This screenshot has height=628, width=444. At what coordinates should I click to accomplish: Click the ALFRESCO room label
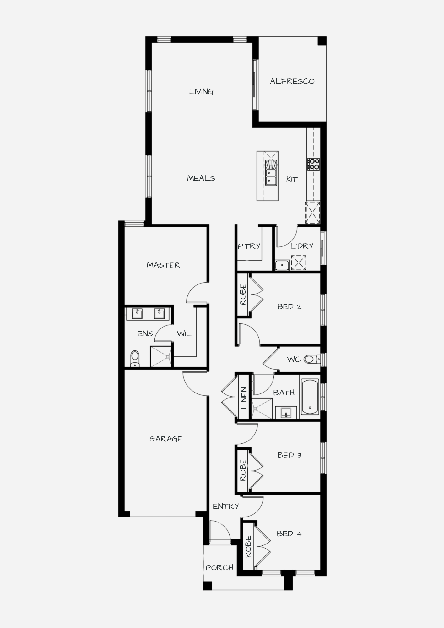(x=292, y=81)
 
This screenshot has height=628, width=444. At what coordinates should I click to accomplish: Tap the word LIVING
(x=201, y=92)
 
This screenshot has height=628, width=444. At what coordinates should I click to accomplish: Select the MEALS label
(x=201, y=178)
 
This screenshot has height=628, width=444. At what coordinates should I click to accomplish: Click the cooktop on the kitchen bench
(x=313, y=164)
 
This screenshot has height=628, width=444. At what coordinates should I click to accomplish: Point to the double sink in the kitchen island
(x=271, y=177)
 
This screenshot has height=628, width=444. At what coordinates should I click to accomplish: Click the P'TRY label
(x=249, y=246)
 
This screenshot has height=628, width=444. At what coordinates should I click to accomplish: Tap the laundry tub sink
(x=282, y=265)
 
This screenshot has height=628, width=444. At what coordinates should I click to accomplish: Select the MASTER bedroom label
(x=163, y=265)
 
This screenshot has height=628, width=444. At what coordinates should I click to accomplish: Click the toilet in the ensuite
(x=135, y=359)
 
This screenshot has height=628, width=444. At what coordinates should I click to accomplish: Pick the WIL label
(x=184, y=334)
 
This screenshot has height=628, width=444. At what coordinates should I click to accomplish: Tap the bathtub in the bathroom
(x=310, y=397)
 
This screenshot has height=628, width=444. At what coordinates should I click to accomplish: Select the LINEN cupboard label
(x=244, y=398)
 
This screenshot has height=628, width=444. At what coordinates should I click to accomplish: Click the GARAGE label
(x=166, y=439)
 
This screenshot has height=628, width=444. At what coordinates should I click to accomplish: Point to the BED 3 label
(x=290, y=455)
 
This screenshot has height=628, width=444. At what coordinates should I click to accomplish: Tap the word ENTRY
(x=226, y=506)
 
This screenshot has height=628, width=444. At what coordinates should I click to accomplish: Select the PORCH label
(x=220, y=568)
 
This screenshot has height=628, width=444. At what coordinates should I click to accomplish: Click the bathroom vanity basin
(x=286, y=413)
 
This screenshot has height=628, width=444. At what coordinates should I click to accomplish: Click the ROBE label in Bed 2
(x=243, y=295)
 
